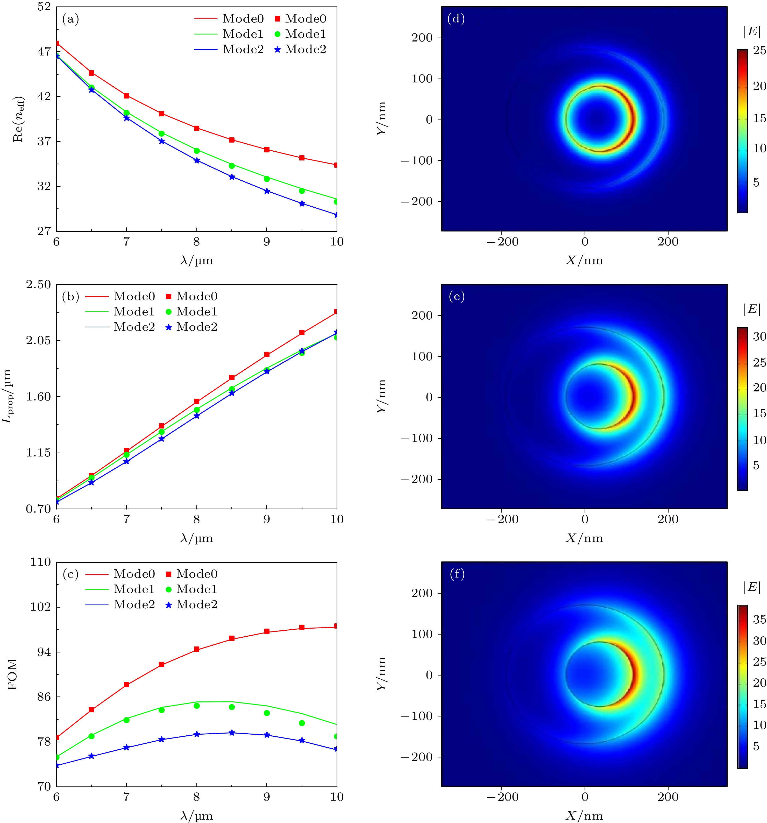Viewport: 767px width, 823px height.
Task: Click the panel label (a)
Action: click(x=70, y=19)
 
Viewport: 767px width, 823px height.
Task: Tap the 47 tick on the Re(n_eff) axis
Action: click(x=44, y=52)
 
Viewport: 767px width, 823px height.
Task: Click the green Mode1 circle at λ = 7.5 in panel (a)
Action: click(x=161, y=133)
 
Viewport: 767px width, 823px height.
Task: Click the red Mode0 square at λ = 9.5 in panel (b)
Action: click(x=302, y=332)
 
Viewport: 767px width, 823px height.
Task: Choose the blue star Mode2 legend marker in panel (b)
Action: click(x=168, y=327)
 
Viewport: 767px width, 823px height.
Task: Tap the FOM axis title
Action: click(x=12, y=674)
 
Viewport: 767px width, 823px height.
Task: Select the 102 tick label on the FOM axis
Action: click(x=41, y=607)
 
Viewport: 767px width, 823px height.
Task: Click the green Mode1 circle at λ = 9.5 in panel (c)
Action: click(x=302, y=723)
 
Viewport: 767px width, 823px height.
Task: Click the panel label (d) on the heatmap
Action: click(x=456, y=19)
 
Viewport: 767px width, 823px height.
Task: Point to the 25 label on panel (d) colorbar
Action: click(x=759, y=51)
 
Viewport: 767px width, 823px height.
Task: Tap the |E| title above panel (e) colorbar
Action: click(x=752, y=309)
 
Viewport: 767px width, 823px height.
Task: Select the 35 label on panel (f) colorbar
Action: click(x=759, y=620)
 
